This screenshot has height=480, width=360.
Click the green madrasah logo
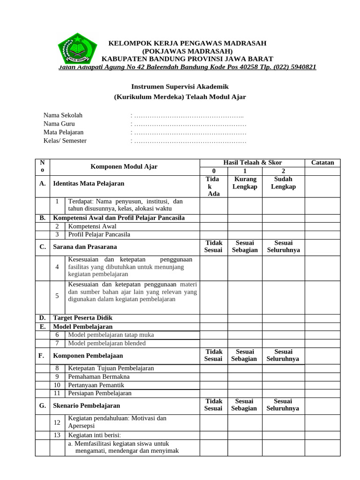77,47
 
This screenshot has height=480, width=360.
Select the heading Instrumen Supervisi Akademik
180,87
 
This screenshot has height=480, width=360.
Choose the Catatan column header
322,163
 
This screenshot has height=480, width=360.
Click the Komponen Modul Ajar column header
124,167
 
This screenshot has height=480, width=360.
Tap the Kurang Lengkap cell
245,183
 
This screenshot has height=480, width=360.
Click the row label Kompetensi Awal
92,226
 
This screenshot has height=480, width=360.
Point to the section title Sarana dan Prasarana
85,247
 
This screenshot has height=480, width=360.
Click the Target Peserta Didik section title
82,318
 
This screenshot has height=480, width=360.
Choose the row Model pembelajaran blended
107,343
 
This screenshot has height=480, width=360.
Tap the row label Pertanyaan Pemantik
96,385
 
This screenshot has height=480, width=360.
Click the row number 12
57,422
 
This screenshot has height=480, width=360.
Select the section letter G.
42,405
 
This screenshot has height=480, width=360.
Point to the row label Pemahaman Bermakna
98,376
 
